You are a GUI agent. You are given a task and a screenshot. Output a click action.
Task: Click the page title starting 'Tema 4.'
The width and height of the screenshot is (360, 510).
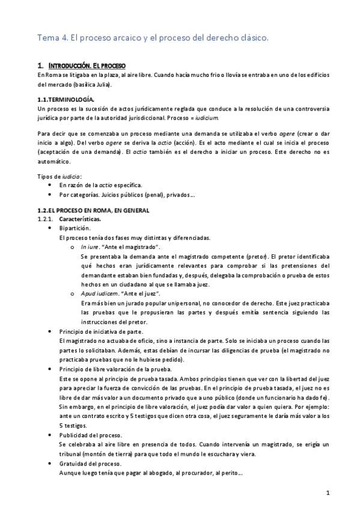153,38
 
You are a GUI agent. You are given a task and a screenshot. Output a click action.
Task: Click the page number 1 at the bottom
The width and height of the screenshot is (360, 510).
328,493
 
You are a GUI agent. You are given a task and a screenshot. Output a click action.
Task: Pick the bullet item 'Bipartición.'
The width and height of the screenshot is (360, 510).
75,229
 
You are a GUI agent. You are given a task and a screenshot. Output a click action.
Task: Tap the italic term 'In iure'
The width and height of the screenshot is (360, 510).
90,247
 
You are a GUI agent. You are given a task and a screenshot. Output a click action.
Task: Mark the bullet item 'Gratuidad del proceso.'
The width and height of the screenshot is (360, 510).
90,463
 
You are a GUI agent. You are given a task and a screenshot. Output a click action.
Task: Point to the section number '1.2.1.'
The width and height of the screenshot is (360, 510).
46,219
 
